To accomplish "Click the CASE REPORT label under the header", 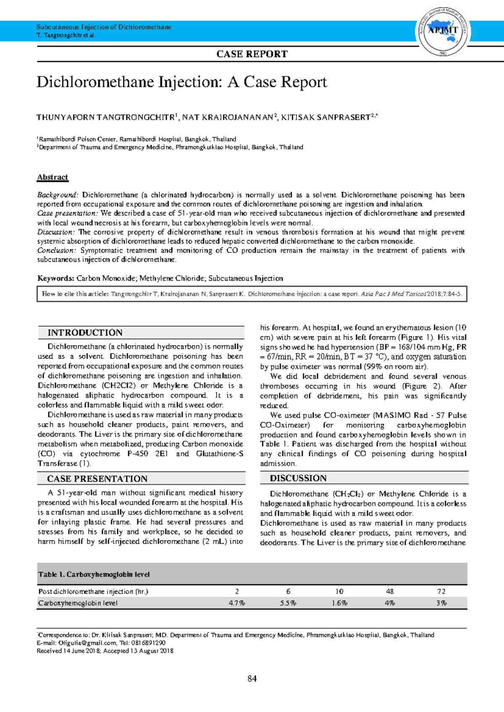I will pos(252,54).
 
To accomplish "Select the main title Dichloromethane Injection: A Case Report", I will pos(181,82).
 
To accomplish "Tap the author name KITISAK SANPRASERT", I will pos(325,118).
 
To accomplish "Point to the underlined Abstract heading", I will pos(52,177).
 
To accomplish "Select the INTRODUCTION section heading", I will pos(85,332).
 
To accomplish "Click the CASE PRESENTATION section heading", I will pos(97,479).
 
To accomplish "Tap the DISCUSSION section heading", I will pos(298,478).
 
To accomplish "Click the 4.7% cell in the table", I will pos(237,603).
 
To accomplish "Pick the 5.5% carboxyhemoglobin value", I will pos(288,603).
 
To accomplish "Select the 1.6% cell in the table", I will pos(339,603).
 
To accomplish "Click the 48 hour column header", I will pos(390,592).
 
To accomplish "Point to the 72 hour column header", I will pos(441,592).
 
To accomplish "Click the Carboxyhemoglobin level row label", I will pos(78,603).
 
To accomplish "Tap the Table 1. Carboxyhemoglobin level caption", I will pos(94,574).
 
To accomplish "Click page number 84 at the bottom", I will pos(252,679).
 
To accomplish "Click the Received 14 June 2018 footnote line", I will pos(105,651).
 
